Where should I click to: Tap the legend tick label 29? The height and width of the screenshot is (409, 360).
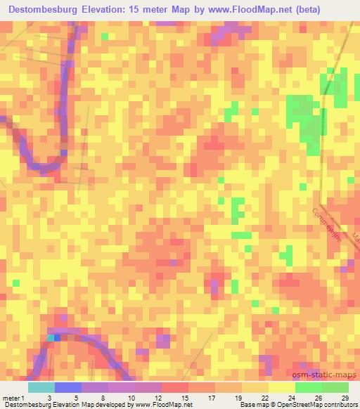(344, 398)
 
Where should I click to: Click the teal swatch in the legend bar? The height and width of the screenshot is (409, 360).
(41, 387)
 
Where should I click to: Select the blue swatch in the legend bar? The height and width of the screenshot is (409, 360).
(68, 387)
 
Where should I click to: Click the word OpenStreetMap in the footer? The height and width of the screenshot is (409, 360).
(289, 405)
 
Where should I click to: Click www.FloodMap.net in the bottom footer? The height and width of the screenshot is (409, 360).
(154, 405)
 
